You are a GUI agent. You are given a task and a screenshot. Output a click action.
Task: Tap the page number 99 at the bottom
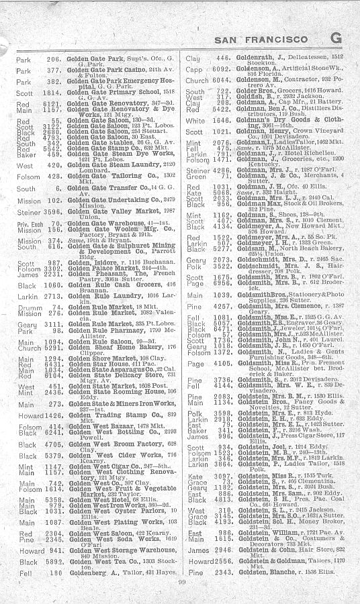tap(181, 589)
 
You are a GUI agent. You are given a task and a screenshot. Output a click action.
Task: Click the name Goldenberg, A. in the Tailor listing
tap(91, 573)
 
